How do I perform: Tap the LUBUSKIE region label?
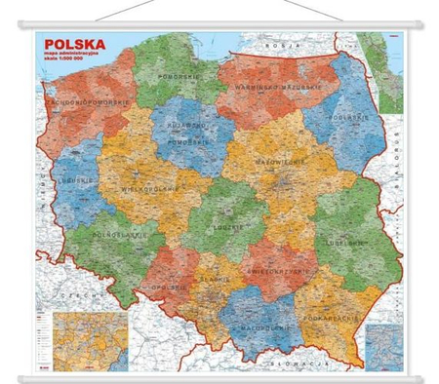tap(67, 178)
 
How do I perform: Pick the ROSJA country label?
tap(282, 45)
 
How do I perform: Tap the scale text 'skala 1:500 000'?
tap(61, 69)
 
